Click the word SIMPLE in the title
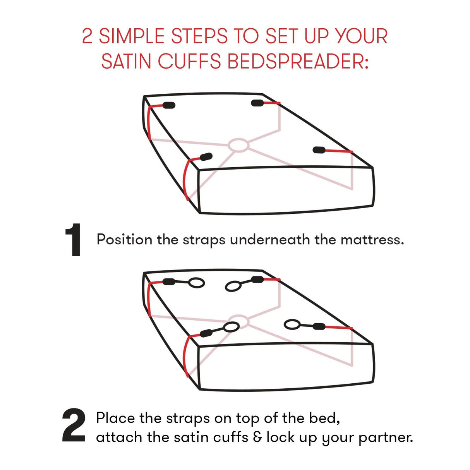pyautogui.click(x=132, y=36)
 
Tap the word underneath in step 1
pyautogui.click(x=270, y=240)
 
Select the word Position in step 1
pyautogui.click(x=124, y=240)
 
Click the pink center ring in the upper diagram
pyautogui.click(x=238, y=145)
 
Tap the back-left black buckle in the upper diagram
pyautogui.click(x=169, y=105)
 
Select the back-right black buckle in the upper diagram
pyautogui.click(x=257, y=103)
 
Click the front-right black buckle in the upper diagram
pyautogui.click(x=319, y=150)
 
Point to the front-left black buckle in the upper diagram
pyautogui.click(x=206, y=156)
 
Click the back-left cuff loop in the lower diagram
pyautogui.click(x=196, y=283)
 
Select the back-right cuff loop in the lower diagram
pyautogui.click(x=233, y=286)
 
